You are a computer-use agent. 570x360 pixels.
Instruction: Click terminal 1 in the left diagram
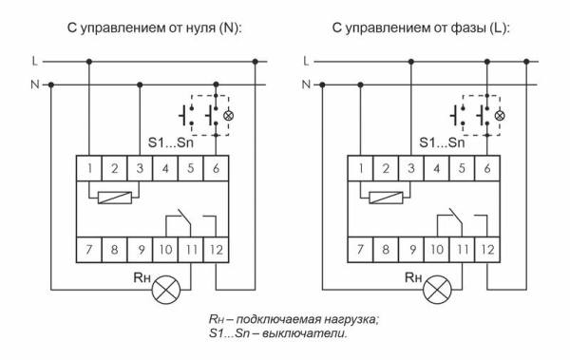click(x=89, y=170)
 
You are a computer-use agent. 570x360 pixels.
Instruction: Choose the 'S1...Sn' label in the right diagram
click(x=443, y=144)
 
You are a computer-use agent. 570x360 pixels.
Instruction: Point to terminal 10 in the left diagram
click(x=166, y=253)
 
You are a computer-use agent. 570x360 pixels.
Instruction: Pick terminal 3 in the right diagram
click(x=410, y=170)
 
